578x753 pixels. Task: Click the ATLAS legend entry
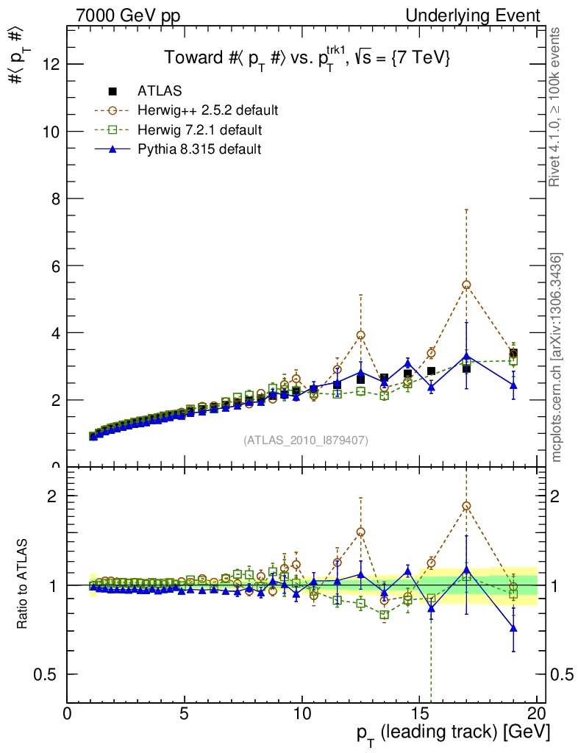click(160, 91)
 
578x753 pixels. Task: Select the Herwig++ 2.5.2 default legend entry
click(207, 111)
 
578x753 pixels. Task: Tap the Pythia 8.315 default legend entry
click(199, 149)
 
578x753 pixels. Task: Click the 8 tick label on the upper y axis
click(54, 199)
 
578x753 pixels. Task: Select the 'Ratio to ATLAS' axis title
click(23, 585)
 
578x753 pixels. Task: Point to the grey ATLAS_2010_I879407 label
click(306, 440)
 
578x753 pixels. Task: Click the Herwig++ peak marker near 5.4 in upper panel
click(466, 285)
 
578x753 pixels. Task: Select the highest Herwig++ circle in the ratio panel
click(466, 506)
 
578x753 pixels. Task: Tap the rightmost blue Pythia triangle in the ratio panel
click(513, 628)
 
